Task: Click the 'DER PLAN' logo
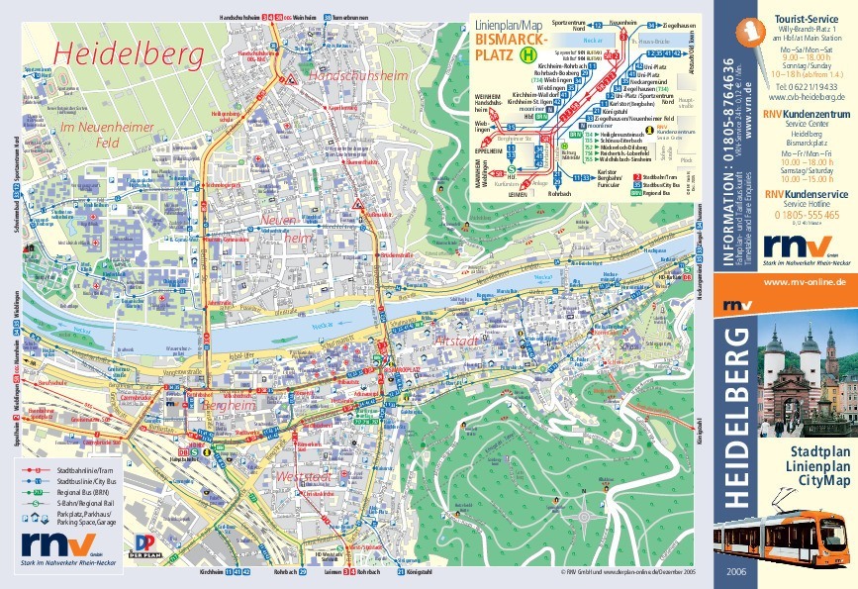[144, 544]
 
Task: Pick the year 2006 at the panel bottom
[736, 572]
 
